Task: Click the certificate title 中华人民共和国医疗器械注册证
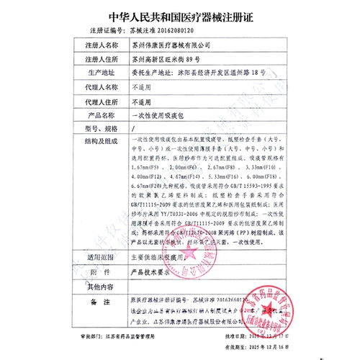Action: point(179,14)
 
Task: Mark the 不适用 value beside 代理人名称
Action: point(143,86)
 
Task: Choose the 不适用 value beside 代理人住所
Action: point(143,100)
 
